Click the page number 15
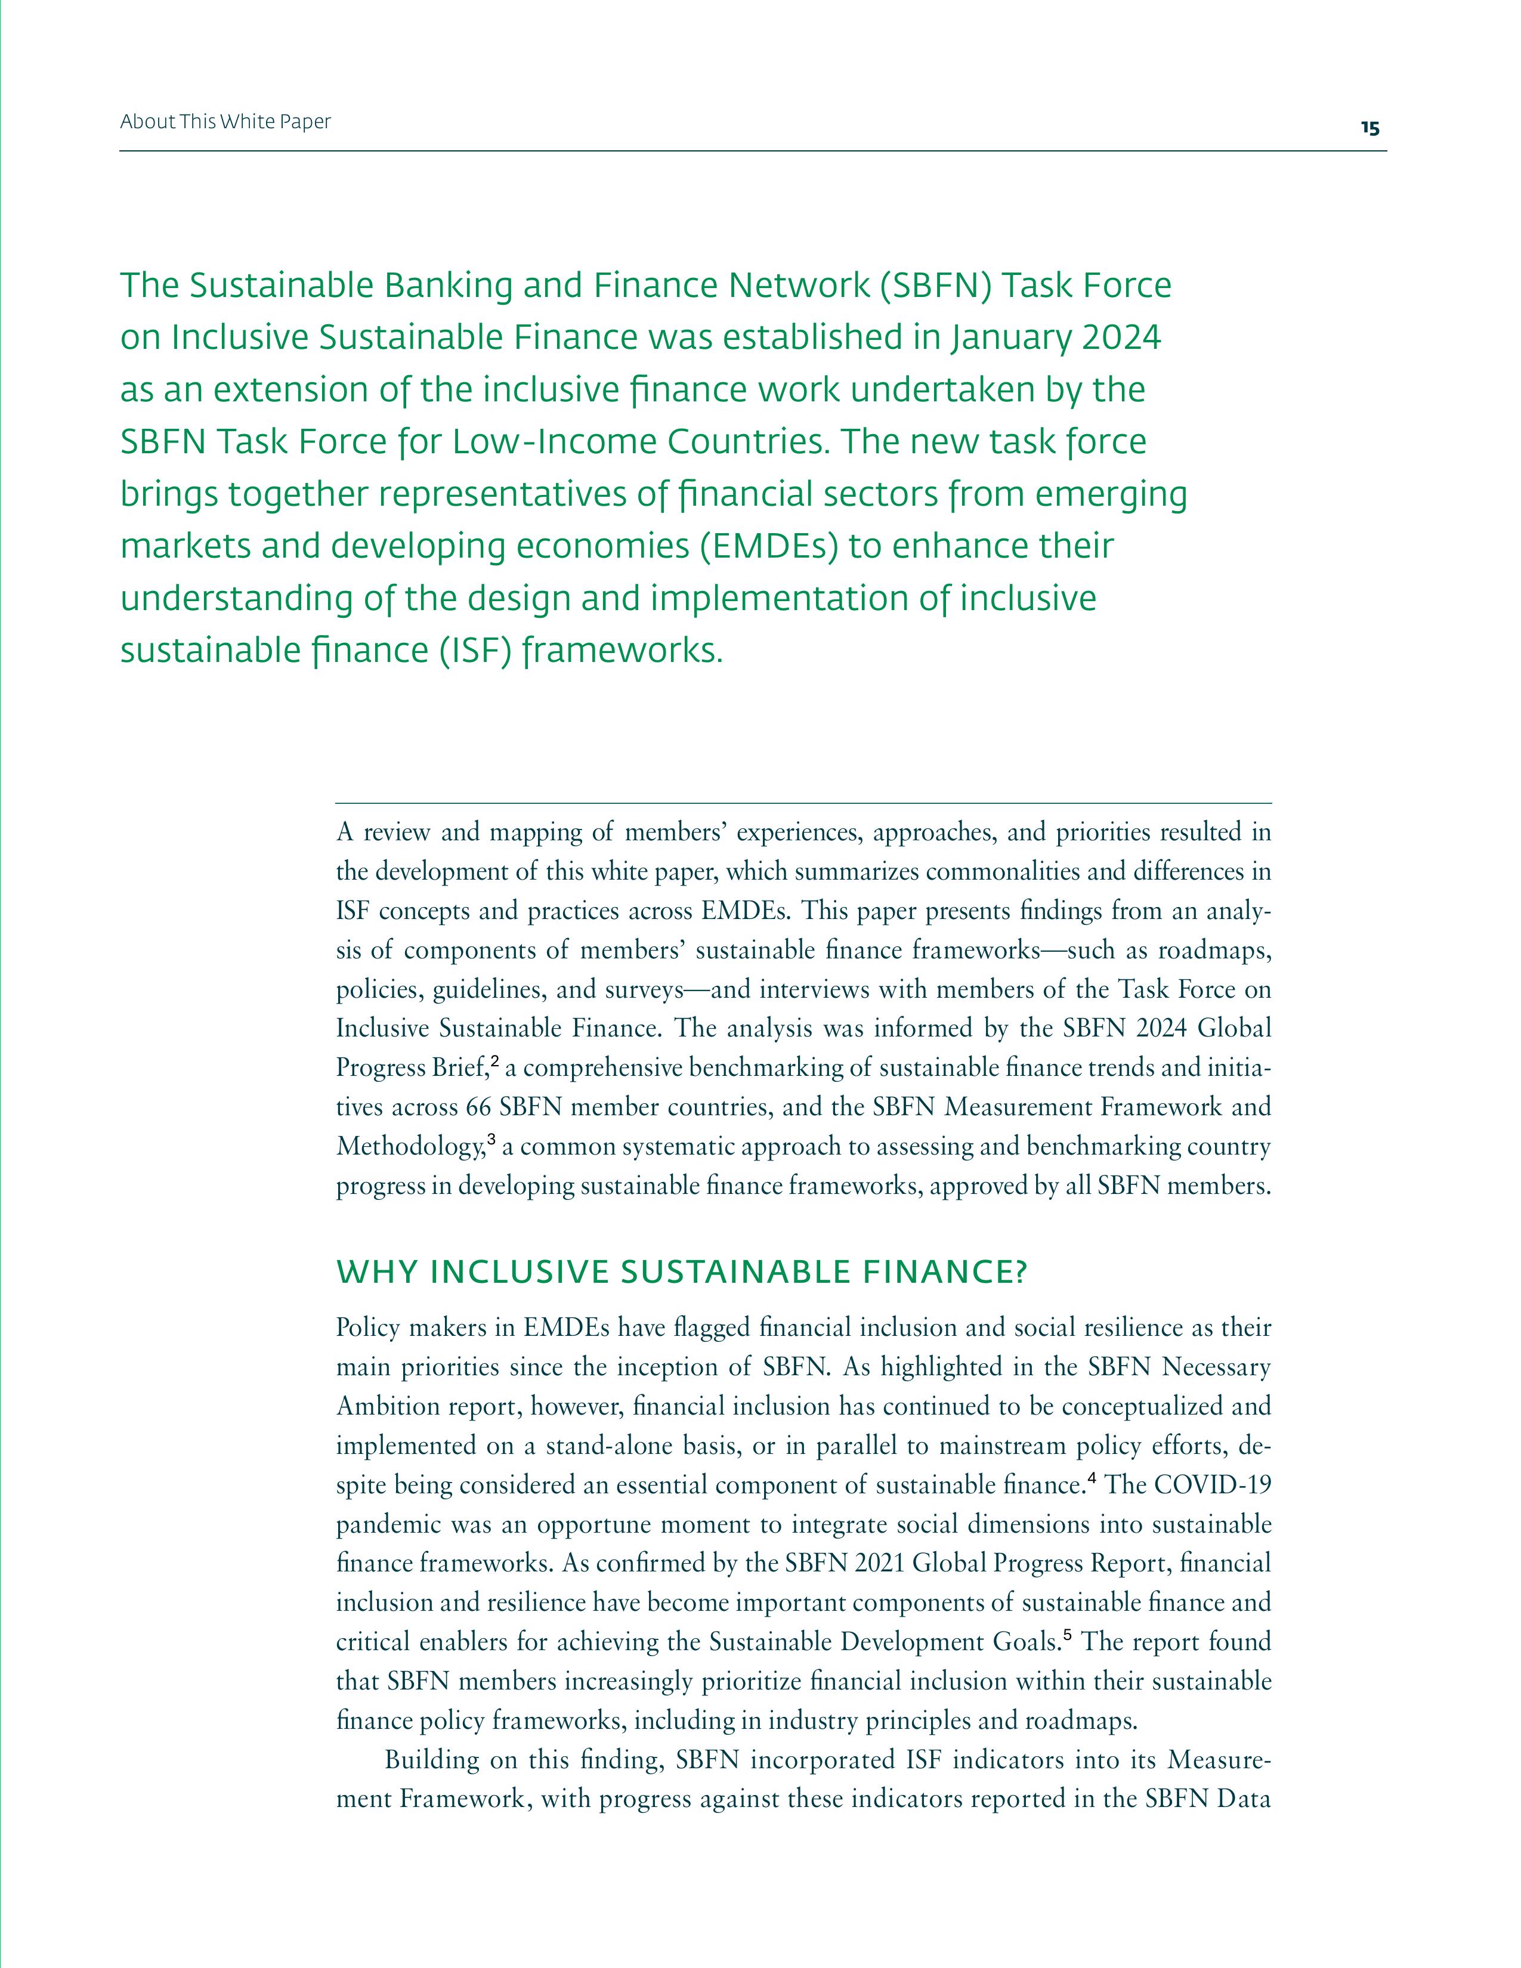click(x=1369, y=128)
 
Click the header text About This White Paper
click(x=225, y=122)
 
